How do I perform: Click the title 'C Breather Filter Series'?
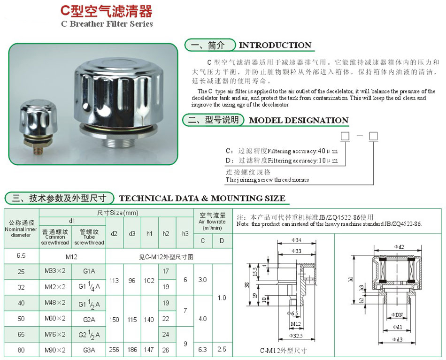coord(107,24)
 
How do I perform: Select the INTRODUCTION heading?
coord(275,46)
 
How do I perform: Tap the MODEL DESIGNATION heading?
coord(299,120)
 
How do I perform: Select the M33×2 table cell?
coord(55,271)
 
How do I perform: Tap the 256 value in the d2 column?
coord(115,350)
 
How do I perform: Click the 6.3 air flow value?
coord(203,350)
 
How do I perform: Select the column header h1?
coord(150,233)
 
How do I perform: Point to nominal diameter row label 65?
coord(21,334)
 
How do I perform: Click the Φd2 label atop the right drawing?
coord(399,246)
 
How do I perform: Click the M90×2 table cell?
coord(55,350)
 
